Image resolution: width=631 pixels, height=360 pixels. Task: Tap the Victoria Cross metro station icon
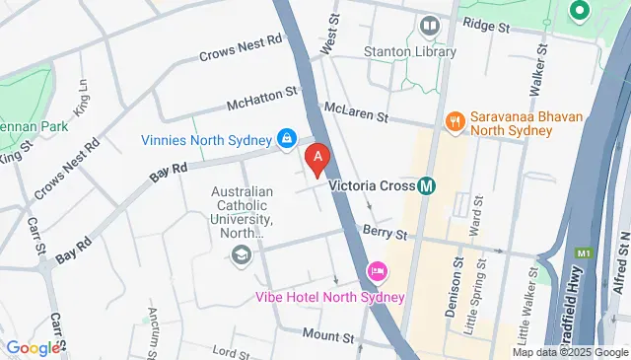pos(427,185)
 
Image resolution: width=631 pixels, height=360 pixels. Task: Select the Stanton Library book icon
pos(429,26)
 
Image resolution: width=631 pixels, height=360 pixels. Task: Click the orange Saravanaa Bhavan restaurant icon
pos(455,117)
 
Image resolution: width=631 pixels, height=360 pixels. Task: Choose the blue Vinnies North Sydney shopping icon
pos(286,139)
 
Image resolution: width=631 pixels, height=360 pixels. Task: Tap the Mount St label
pos(327,336)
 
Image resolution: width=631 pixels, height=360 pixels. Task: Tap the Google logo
pos(34,347)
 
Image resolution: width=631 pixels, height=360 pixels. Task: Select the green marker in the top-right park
pos(579,12)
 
